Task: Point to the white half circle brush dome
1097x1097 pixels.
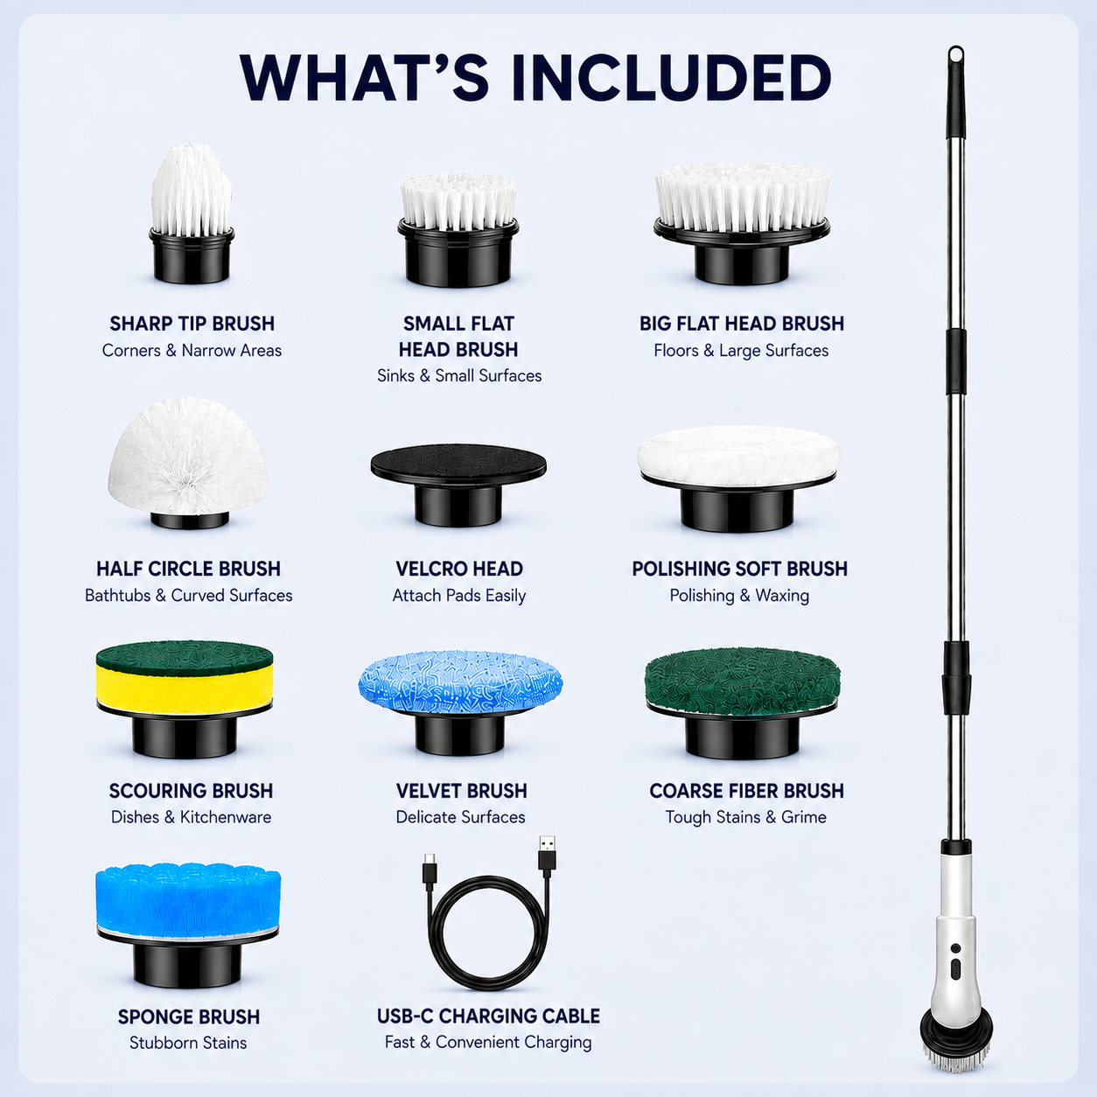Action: (x=188, y=456)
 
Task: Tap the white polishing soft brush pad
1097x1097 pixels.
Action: (x=738, y=457)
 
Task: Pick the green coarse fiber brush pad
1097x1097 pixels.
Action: (x=743, y=681)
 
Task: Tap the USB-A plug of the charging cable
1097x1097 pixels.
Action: (x=547, y=856)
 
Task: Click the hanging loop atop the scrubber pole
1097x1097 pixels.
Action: (x=956, y=56)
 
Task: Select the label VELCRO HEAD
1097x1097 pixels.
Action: (x=459, y=569)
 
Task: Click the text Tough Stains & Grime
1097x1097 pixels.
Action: (x=745, y=817)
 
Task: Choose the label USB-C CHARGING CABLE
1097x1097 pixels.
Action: (x=488, y=1016)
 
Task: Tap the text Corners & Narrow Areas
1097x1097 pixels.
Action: (x=192, y=350)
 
